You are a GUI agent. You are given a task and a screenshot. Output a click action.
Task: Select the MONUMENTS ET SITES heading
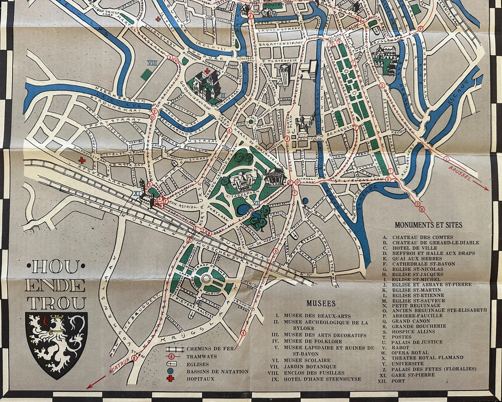pyautogui.click(x=428, y=225)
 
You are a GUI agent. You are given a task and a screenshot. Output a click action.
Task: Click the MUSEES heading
pyautogui.click(x=320, y=303)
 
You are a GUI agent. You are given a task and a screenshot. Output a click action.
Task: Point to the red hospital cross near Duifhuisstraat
pyautogui.click(x=82, y=160)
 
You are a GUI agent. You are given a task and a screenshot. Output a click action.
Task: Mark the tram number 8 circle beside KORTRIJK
pyautogui.click(x=134, y=358)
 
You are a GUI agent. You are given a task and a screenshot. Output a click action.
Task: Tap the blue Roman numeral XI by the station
pyautogui.click(x=136, y=193)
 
